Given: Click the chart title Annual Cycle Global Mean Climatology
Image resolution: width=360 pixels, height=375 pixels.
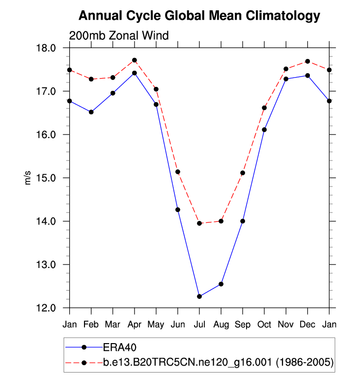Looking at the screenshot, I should point(199,16).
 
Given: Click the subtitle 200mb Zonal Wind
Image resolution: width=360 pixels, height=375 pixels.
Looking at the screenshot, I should point(119,35).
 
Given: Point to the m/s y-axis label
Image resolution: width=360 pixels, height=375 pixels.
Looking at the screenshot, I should point(28,178).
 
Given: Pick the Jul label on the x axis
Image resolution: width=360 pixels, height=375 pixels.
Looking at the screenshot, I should point(199,324).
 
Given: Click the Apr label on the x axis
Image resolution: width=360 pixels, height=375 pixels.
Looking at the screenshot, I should point(135,324).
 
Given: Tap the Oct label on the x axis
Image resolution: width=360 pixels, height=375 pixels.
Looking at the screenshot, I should point(264,324).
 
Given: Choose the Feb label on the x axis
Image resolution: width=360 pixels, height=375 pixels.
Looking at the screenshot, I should point(91,324).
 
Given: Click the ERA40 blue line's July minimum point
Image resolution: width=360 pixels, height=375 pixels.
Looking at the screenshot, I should point(199,296).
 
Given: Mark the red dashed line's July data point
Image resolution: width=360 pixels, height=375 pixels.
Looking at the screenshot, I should point(199,223).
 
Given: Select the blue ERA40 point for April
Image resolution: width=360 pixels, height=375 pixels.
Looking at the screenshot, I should point(135,73).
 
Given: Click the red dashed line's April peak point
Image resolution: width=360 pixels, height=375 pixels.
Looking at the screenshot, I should point(135,60).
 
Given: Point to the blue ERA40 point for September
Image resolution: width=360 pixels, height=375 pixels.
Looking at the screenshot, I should point(243,221).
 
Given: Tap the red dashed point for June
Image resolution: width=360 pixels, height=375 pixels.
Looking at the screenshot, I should point(178,172).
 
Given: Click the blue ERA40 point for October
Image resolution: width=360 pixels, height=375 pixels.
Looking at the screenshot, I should point(264,130).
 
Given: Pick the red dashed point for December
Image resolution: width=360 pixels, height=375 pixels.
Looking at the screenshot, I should point(307,61).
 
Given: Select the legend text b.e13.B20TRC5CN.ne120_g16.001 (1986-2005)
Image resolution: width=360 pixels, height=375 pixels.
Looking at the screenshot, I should point(219,362).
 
